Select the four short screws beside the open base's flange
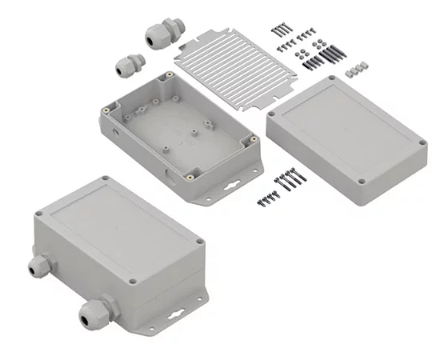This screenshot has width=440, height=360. pos(267,199)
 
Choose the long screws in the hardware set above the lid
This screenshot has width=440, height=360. pos(283,28)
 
